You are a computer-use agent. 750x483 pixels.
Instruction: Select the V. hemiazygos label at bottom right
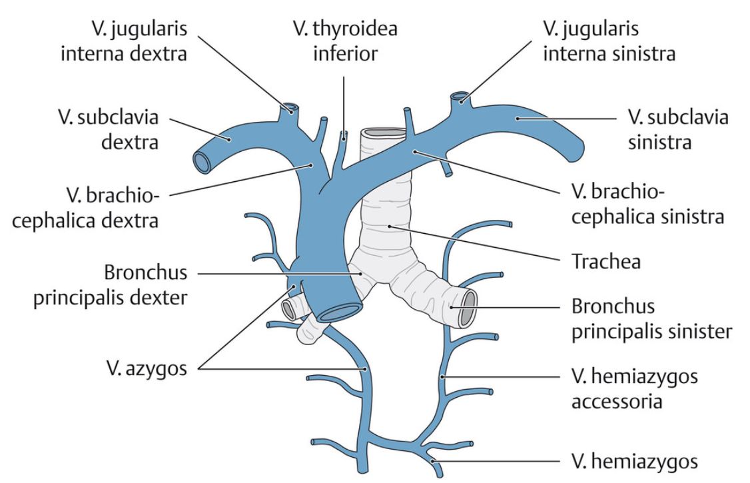pyautogui.click(x=633, y=460)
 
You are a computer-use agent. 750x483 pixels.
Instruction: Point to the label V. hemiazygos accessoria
pyautogui.click(x=634, y=390)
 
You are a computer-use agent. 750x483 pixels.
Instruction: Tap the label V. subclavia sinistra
pyautogui.click(x=678, y=130)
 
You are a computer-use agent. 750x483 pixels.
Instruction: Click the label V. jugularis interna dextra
pyautogui.click(x=123, y=41)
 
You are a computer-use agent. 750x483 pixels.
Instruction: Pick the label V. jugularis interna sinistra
pyautogui.click(x=609, y=41)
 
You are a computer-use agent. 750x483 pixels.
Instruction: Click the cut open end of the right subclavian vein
pyautogui.click(x=202, y=162)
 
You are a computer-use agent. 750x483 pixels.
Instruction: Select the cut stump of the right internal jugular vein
pyautogui.click(x=290, y=107)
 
